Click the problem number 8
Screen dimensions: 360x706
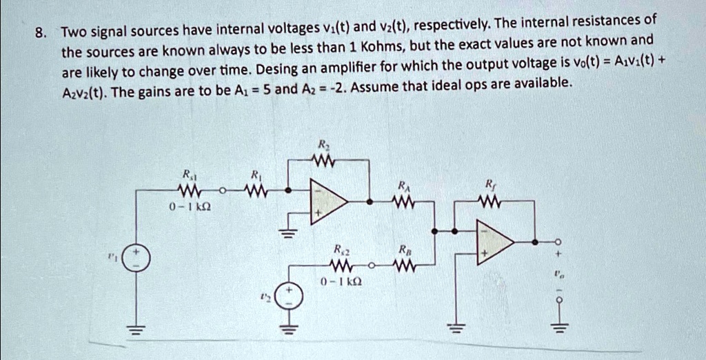(x=42, y=32)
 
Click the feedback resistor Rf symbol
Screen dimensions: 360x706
(x=490, y=201)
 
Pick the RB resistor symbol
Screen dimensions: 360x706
(x=403, y=264)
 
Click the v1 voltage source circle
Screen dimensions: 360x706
(x=134, y=259)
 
